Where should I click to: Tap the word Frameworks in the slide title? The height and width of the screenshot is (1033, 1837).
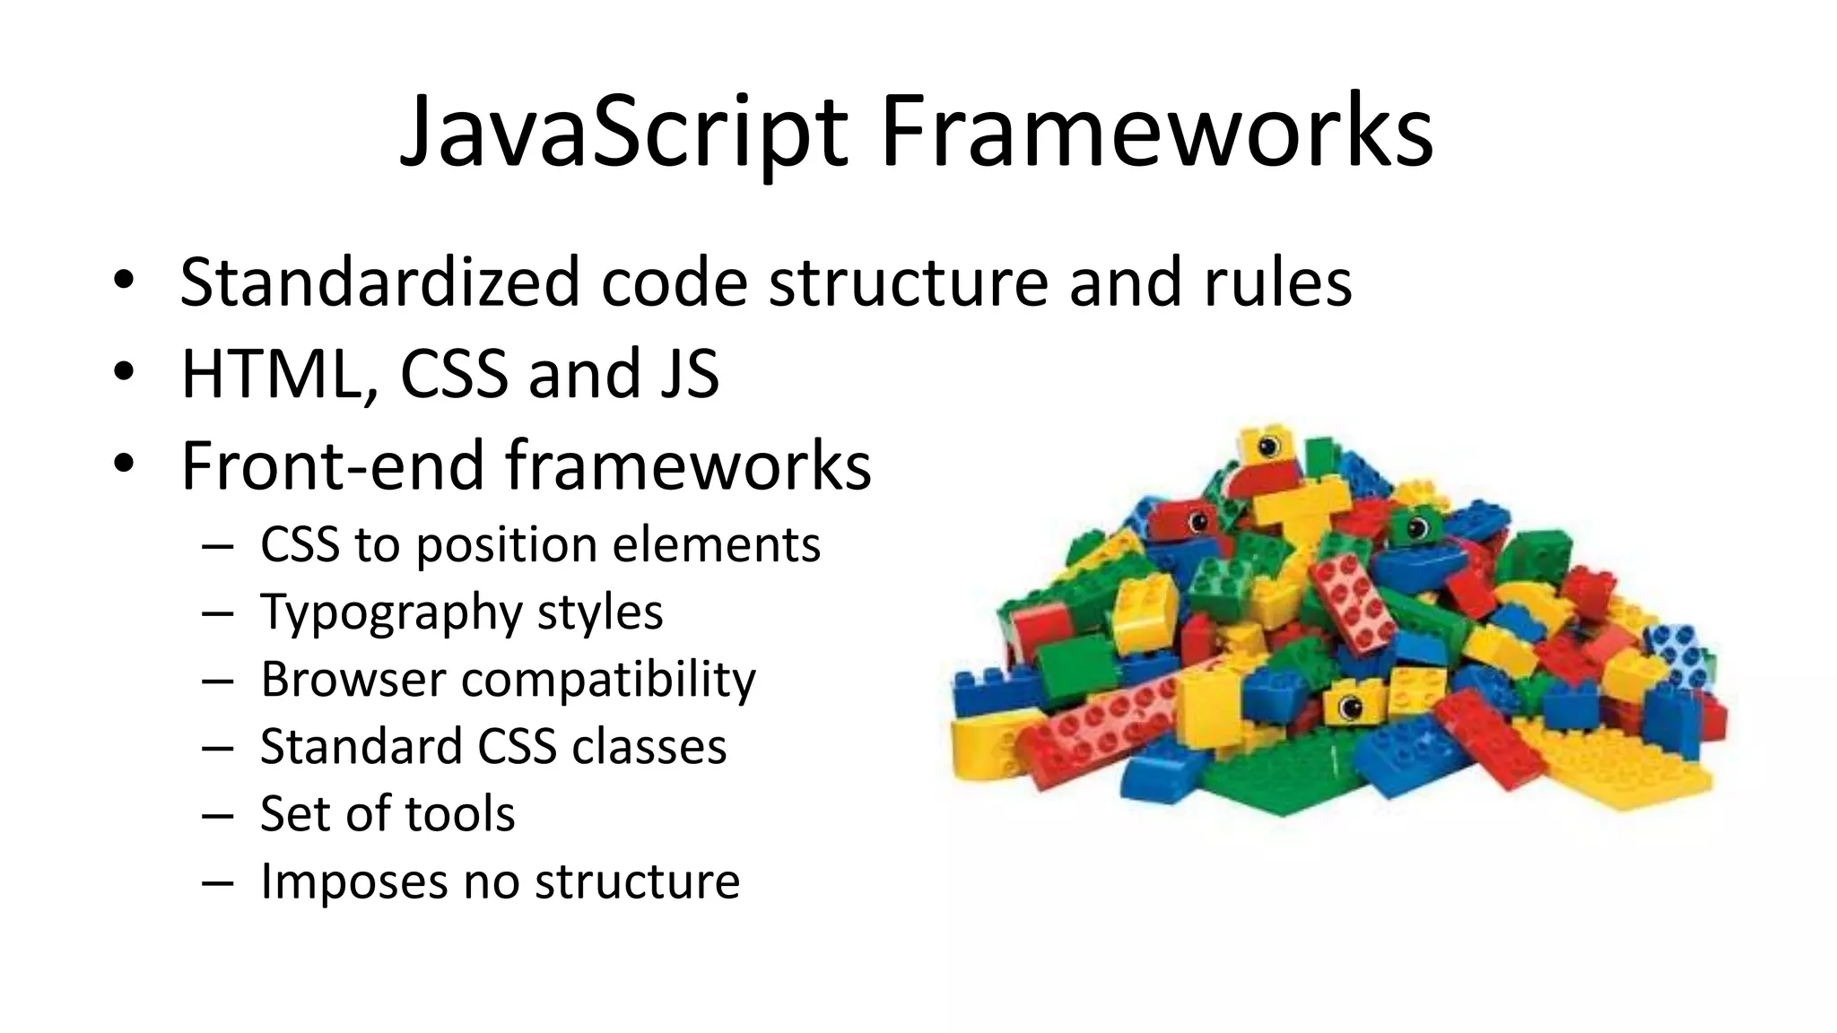(1156, 133)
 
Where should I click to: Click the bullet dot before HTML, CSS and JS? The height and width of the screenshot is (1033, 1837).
(123, 371)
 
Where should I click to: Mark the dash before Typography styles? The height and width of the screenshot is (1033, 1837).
(218, 614)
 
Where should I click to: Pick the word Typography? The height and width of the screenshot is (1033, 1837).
(390, 614)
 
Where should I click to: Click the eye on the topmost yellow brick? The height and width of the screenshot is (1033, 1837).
(1269, 446)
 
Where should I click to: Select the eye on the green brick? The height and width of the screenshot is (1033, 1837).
(1416, 526)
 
